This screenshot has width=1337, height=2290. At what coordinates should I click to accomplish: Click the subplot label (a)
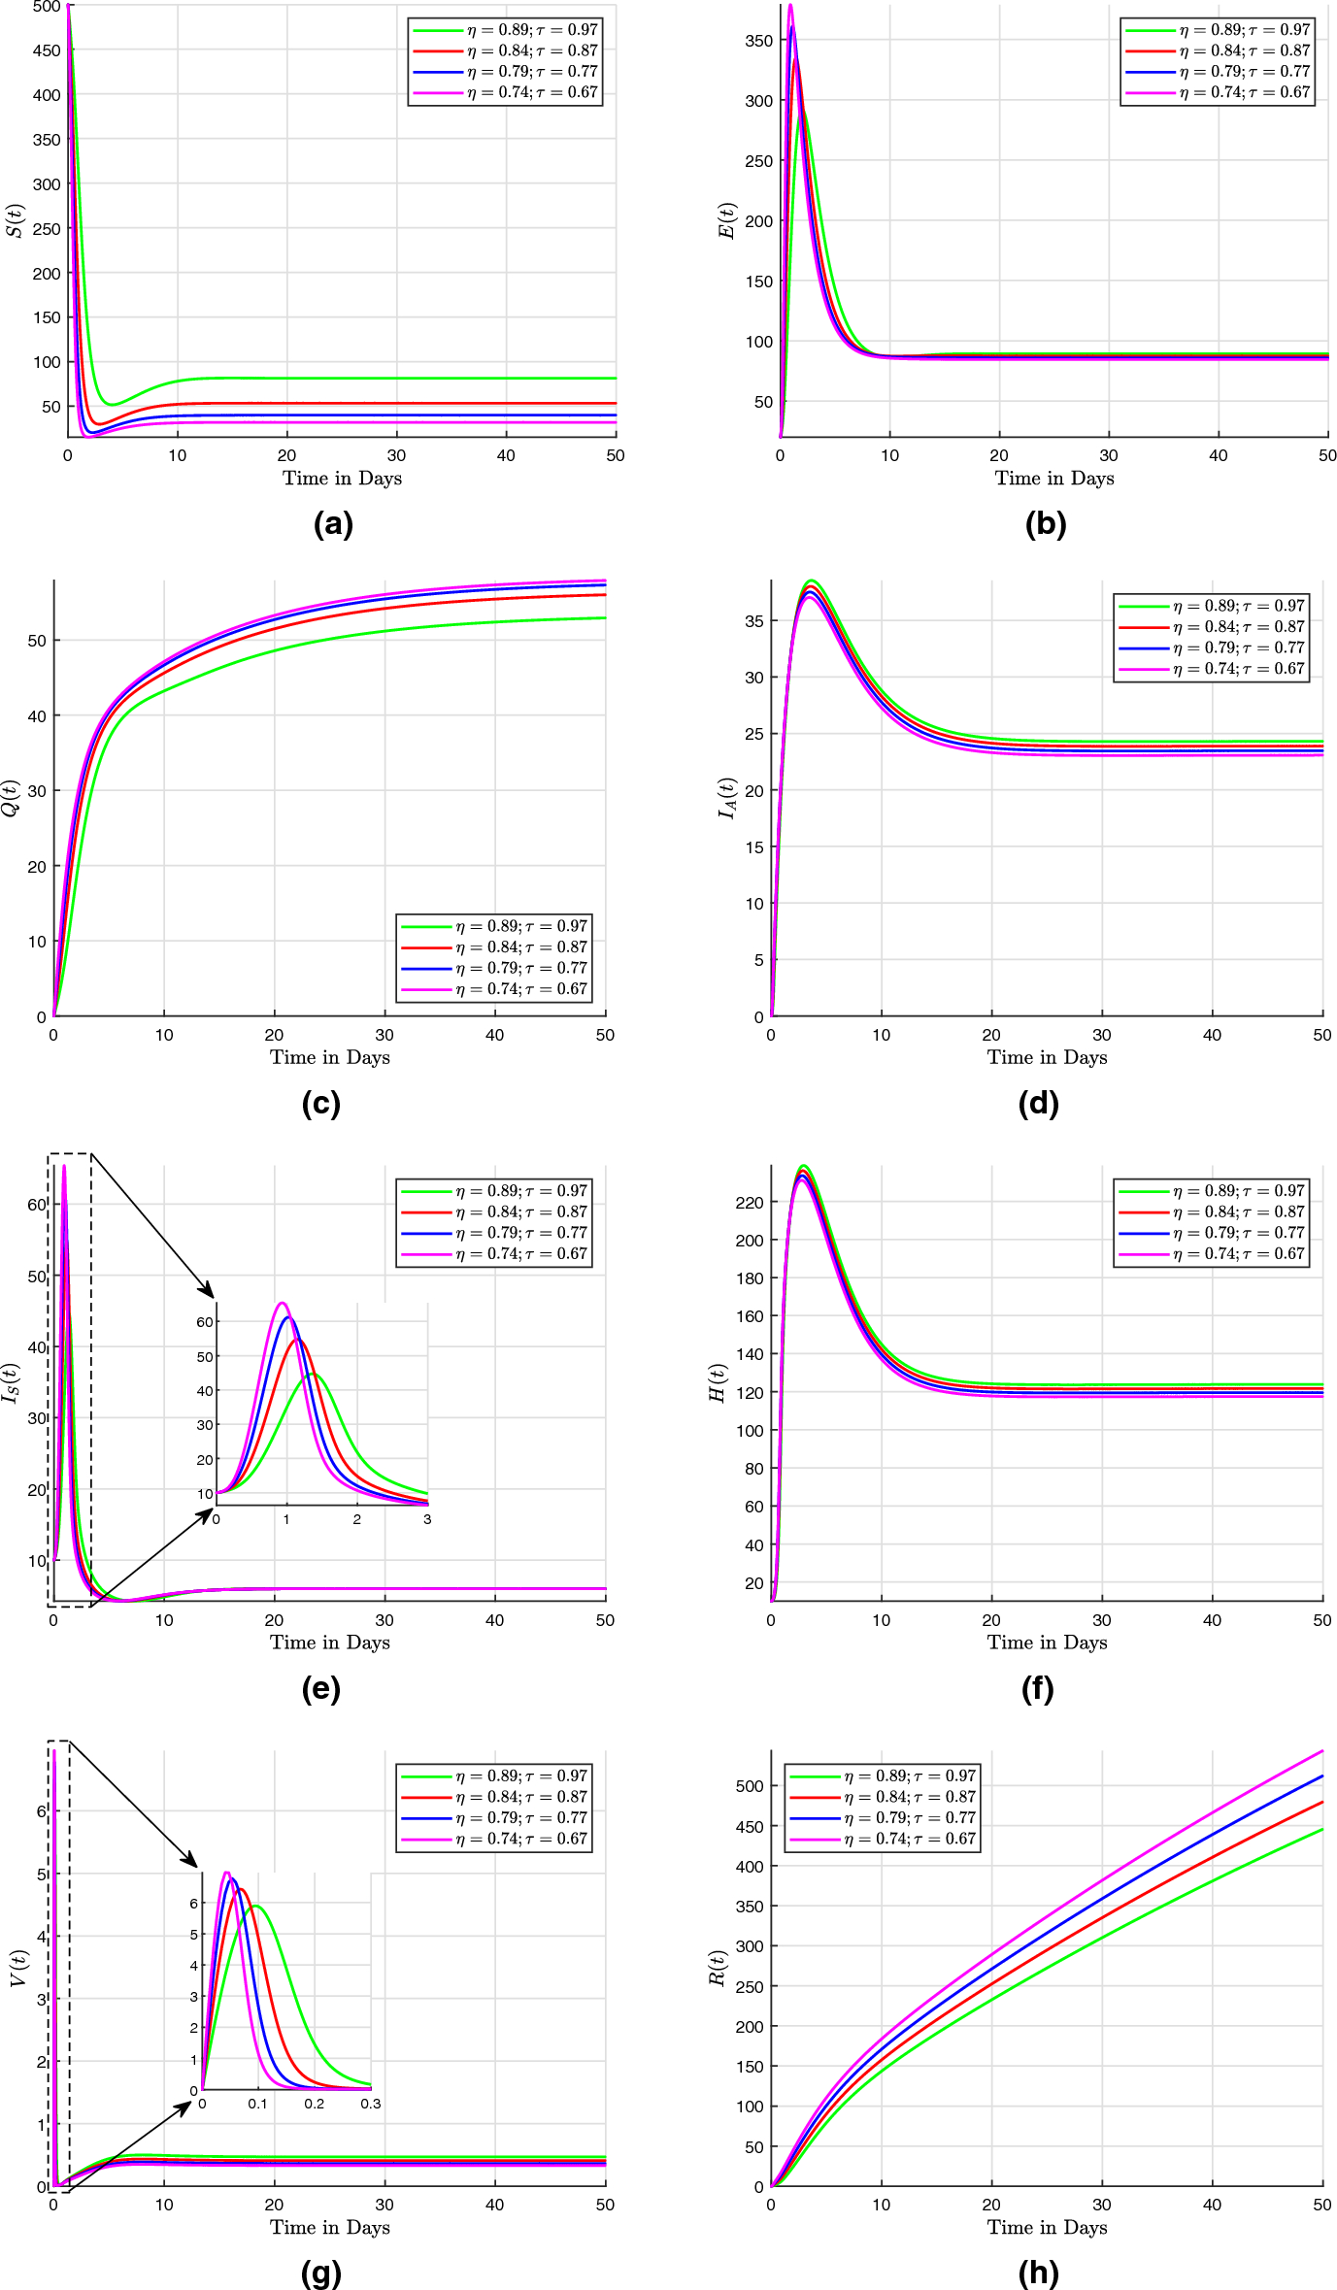coord(333,524)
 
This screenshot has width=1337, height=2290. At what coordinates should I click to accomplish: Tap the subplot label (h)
coord(1038,2272)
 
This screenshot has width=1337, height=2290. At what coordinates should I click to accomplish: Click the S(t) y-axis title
coord(15,220)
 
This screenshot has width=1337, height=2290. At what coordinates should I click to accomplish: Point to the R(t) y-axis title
coord(718,1967)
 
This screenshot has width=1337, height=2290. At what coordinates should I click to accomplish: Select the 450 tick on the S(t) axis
coord(46,50)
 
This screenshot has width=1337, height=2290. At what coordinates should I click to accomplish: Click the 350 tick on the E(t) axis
coord(758,41)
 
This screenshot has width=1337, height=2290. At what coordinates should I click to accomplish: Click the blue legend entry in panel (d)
coord(1211,647)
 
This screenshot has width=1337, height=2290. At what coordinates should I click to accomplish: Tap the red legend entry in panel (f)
coord(1211,1211)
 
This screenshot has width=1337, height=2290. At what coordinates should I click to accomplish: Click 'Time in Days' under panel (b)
coord(1054,478)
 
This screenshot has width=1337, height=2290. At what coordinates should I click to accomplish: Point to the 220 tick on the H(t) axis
coord(751,1202)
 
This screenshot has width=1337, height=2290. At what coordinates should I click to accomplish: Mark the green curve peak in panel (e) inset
coord(314,1375)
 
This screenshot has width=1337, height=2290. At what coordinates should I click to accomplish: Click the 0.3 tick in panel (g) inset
coord(370,2104)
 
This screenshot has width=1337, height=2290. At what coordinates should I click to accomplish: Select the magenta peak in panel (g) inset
coord(227,1873)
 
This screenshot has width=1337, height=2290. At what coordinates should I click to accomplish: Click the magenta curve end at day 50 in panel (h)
coord(1322,1751)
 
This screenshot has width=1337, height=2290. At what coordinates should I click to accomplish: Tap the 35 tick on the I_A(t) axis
coord(754,620)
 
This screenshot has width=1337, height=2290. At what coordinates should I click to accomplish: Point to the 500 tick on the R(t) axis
coord(751,1785)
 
